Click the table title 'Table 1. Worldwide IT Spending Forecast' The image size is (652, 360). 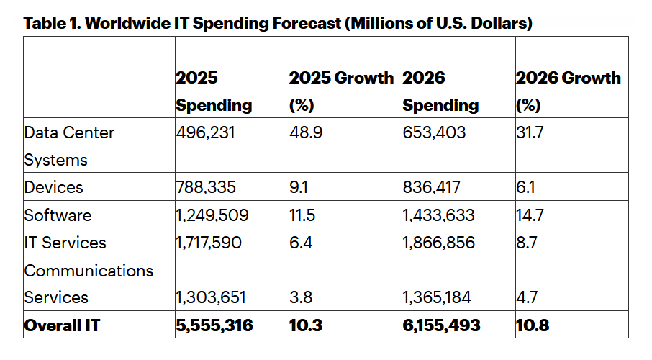278,23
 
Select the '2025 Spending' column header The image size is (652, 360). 214,91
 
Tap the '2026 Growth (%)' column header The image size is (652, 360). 568,91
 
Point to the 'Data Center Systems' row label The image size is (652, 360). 68,146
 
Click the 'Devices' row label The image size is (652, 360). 53,187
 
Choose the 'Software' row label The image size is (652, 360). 58,215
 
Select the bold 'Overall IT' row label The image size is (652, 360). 62,325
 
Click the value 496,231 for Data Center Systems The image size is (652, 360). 205,133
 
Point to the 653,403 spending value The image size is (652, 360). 434,133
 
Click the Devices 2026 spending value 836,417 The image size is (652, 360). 433,187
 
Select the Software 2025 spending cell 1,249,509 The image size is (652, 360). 212,215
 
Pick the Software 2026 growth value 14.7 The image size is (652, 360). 530,215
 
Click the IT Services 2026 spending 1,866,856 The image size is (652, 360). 438,243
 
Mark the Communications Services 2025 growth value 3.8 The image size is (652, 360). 300,297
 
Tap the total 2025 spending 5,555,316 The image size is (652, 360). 214,325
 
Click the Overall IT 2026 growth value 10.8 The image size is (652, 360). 533,325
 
